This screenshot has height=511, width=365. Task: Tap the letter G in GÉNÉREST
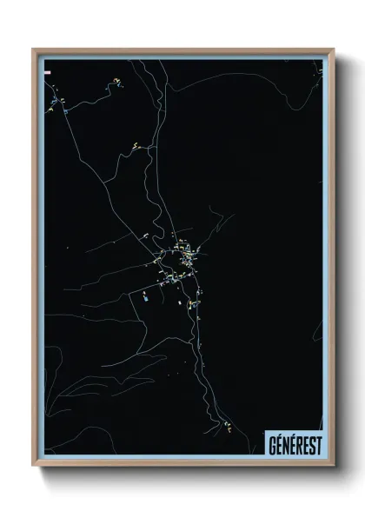(x=271, y=445)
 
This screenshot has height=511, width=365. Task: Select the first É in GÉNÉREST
(x=278, y=445)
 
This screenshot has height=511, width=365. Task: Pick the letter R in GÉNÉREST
(x=298, y=445)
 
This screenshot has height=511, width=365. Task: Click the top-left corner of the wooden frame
(x=34, y=50)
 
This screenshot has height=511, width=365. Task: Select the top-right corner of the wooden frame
(x=334, y=50)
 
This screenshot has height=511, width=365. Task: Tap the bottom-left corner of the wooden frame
(x=34, y=466)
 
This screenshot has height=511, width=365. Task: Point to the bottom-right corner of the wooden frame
(x=334, y=466)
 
